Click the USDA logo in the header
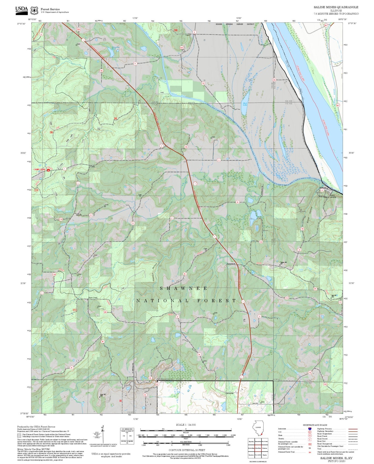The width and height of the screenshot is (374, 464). coord(21,10)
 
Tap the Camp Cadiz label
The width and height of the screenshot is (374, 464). coord(39,169)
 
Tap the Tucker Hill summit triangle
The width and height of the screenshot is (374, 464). coord(280,264)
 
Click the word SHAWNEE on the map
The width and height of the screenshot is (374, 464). coord(183,288)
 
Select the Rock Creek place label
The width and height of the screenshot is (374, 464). coord(93,298)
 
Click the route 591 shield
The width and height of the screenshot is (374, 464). coord(315,289)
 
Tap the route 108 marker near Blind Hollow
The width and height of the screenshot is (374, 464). coord(302,229)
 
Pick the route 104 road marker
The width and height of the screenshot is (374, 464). coord(261,242)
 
